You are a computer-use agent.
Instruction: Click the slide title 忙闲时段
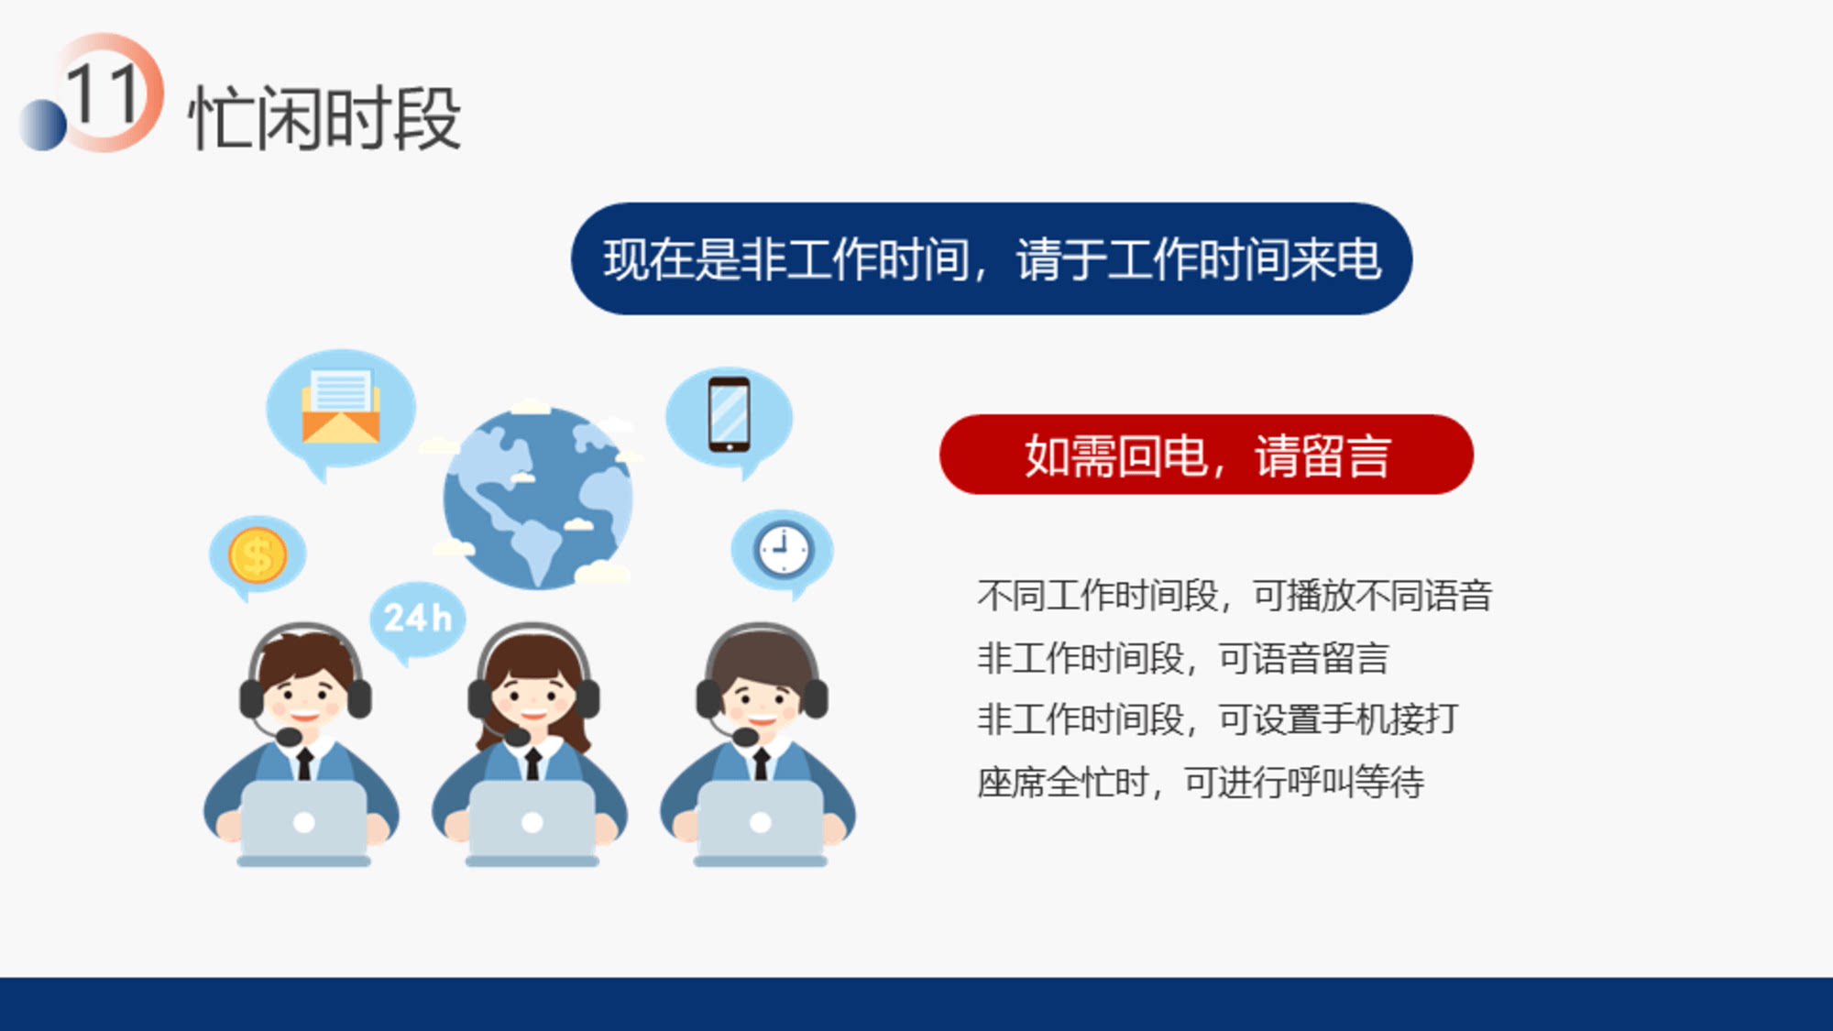tap(324, 118)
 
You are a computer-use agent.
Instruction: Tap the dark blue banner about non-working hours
tap(992, 259)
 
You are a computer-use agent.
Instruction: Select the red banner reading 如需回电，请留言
tap(1206, 455)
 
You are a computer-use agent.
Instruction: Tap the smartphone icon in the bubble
tap(730, 415)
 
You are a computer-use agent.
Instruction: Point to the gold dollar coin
tap(258, 555)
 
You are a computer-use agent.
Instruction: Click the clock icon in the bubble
tap(784, 551)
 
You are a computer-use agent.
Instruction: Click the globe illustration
tap(538, 498)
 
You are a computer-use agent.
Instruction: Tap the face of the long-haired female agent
tap(532, 699)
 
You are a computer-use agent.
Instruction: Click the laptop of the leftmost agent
tap(304, 822)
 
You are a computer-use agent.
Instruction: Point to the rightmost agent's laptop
tap(761, 822)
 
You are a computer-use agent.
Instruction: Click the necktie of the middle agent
tap(532, 763)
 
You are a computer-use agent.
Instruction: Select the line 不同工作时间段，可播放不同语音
tap(1235, 596)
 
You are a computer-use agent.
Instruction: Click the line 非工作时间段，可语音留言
tap(1183, 658)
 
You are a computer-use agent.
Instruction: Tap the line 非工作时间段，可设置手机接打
tap(1218, 719)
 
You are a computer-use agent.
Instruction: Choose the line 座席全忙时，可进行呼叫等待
tap(1201, 783)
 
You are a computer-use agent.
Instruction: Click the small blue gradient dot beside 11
tap(42, 125)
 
